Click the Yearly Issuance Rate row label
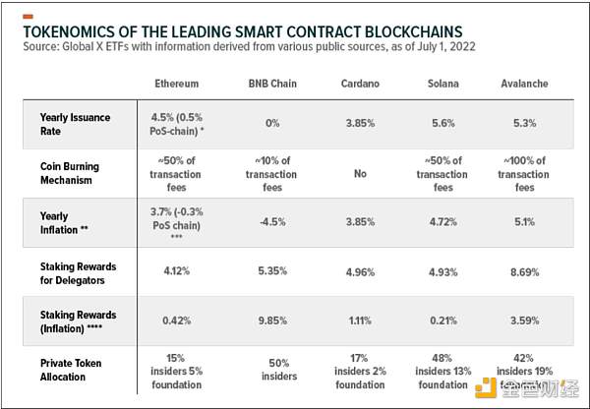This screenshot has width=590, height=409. (x=76, y=124)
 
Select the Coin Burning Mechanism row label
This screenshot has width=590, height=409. (x=76, y=173)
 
